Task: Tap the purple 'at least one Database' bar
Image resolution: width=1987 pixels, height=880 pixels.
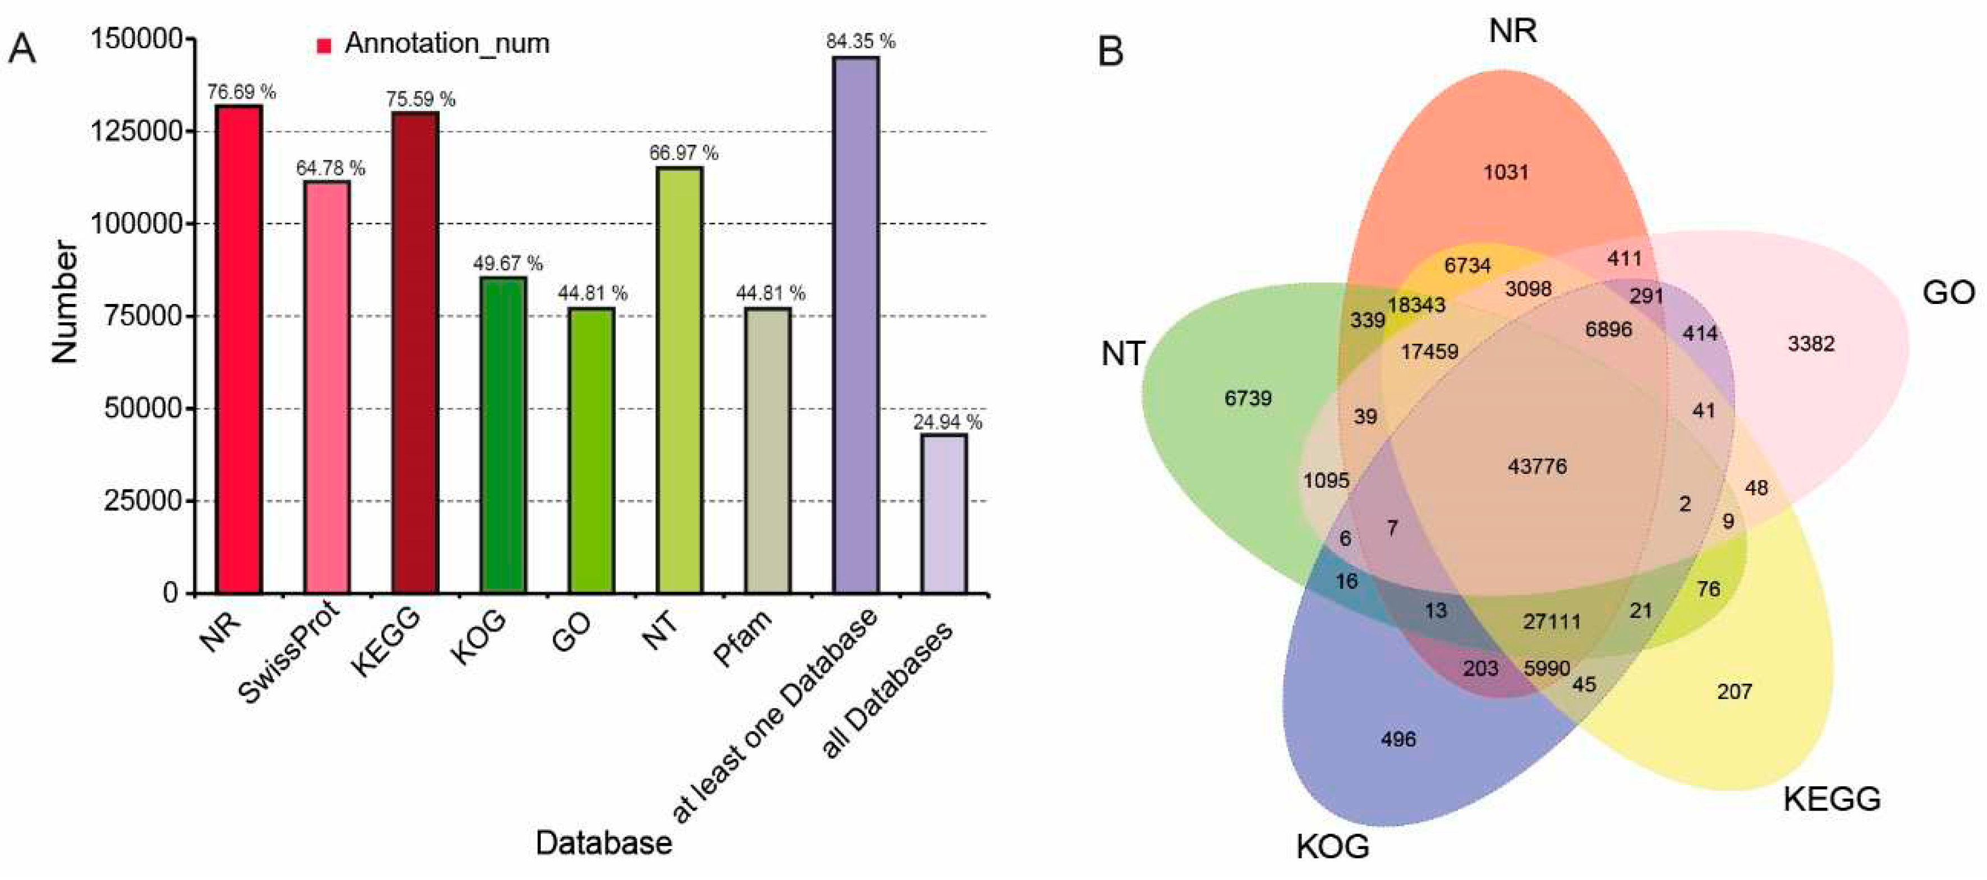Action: click(x=855, y=325)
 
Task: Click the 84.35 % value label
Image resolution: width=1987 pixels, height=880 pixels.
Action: click(x=860, y=42)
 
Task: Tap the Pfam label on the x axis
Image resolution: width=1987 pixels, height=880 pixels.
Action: click(x=742, y=637)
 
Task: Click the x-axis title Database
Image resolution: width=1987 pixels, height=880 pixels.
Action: click(x=603, y=843)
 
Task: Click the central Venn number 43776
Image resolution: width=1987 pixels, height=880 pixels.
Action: click(x=1537, y=467)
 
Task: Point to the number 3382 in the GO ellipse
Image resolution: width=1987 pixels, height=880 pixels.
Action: click(x=1810, y=344)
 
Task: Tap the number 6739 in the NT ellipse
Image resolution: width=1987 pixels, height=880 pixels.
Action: click(x=1247, y=399)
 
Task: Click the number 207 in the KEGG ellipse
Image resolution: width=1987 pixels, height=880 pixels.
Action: click(x=1734, y=692)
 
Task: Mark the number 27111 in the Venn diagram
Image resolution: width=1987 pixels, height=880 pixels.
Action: click(x=1551, y=621)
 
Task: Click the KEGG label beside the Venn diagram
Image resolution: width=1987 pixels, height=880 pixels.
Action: click(x=1831, y=800)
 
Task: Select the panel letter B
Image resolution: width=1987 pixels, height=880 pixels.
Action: click(x=1110, y=53)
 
